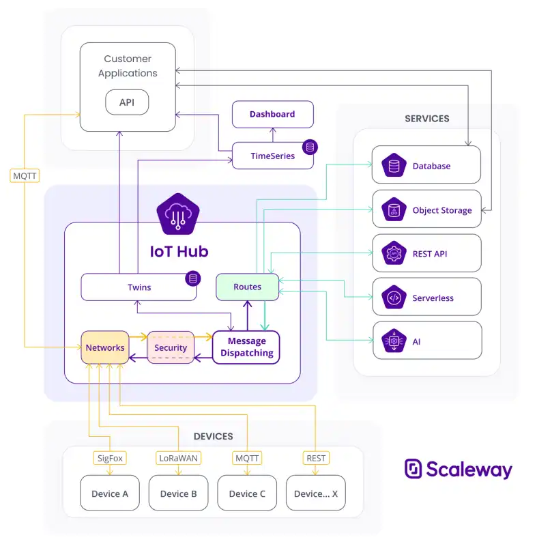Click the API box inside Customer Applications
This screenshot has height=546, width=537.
(x=127, y=102)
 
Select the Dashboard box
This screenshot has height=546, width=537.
(x=272, y=114)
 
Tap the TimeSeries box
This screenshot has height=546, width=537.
(x=272, y=156)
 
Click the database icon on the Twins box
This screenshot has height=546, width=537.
(x=193, y=278)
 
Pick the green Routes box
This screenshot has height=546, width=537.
(x=248, y=287)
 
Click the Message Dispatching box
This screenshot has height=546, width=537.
(x=246, y=347)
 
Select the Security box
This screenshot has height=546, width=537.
(x=171, y=347)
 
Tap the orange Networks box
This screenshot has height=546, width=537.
(x=105, y=347)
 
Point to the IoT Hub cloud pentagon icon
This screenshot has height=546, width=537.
(x=178, y=214)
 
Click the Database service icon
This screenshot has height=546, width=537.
(x=394, y=165)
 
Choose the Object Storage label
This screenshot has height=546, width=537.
(x=442, y=210)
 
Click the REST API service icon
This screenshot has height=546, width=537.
(x=394, y=253)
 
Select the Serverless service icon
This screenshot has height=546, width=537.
(x=394, y=298)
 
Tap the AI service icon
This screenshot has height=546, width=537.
(x=394, y=341)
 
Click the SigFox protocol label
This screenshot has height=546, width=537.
(x=110, y=458)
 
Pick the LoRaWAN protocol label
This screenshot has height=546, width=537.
(x=178, y=458)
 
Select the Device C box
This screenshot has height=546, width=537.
(x=247, y=493)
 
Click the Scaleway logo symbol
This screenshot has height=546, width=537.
(x=413, y=468)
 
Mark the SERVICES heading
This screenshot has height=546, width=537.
(x=427, y=119)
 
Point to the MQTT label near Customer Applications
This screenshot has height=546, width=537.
(x=25, y=176)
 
